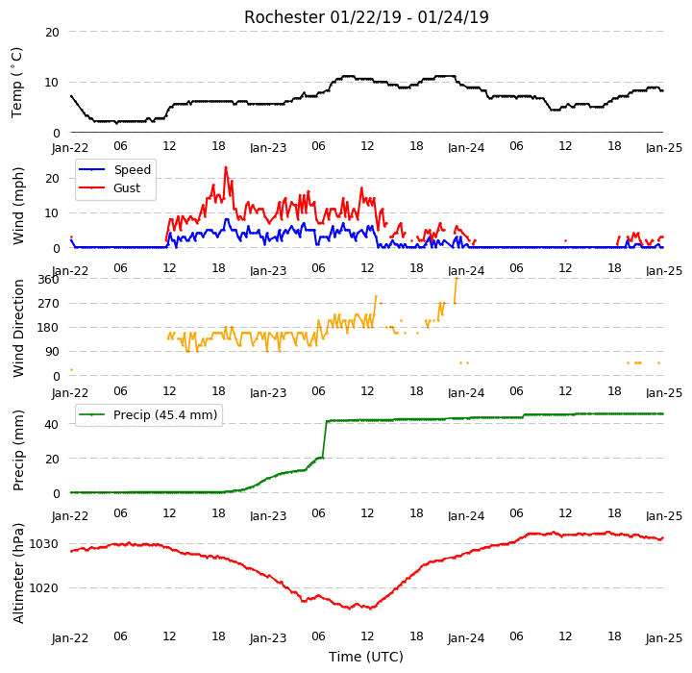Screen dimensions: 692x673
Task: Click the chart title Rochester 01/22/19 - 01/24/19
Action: point(366,17)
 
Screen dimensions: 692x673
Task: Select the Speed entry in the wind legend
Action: point(133,169)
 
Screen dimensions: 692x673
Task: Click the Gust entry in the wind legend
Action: point(127,188)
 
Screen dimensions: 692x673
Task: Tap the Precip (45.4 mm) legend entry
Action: point(165,415)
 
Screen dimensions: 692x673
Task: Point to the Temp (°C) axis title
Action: point(16,83)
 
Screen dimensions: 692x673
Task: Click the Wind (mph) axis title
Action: point(18,206)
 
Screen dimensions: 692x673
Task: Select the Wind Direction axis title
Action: point(18,328)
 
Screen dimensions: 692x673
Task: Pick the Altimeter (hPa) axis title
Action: point(18,573)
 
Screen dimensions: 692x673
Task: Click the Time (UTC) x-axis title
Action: point(366,657)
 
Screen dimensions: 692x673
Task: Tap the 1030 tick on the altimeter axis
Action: point(43,544)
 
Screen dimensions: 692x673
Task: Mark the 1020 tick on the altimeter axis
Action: point(43,588)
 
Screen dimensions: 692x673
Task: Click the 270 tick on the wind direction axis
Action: point(49,304)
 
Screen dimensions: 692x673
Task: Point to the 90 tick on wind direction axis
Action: point(52,352)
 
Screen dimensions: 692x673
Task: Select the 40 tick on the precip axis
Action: point(52,424)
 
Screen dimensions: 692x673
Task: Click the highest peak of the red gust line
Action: point(226,167)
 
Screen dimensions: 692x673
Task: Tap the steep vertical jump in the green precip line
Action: point(325,439)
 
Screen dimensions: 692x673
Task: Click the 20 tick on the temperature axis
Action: point(52,33)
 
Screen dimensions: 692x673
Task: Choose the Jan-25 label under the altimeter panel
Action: point(664,638)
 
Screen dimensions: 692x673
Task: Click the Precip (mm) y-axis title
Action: point(18,451)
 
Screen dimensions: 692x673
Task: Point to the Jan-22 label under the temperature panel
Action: point(70,147)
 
